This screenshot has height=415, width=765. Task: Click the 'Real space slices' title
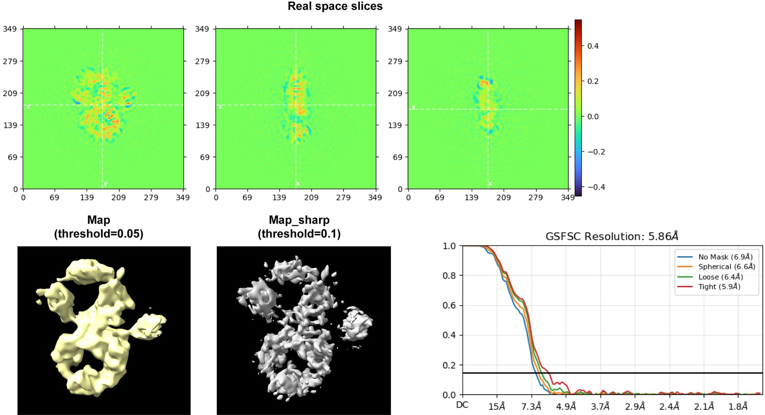click(335, 6)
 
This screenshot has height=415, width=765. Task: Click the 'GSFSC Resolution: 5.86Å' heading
click(612, 236)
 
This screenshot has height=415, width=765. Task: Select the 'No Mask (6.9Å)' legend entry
click(725, 257)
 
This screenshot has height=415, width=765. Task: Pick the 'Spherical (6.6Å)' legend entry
click(726, 267)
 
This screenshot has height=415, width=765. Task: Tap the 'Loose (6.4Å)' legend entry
click(720, 277)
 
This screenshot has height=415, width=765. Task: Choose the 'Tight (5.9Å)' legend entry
click(719, 287)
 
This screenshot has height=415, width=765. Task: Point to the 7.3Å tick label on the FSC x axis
click(531, 406)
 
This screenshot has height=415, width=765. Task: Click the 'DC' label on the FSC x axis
click(462, 405)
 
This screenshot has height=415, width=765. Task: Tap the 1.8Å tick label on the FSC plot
click(738, 406)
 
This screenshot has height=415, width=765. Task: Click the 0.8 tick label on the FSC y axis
click(449, 276)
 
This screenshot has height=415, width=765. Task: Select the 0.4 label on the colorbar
click(593, 46)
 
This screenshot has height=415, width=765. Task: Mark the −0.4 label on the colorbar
click(596, 187)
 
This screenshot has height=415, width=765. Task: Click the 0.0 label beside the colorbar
click(593, 117)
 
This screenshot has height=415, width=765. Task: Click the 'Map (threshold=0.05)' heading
click(98, 227)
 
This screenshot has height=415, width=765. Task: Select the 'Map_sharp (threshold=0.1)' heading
click(299, 227)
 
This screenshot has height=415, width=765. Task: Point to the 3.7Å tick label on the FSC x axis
click(600, 406)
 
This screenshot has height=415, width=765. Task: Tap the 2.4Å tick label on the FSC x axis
click(669, 406)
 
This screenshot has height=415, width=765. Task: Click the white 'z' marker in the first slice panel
click(28, 107)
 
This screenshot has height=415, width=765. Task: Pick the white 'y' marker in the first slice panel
click(106, 184)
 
